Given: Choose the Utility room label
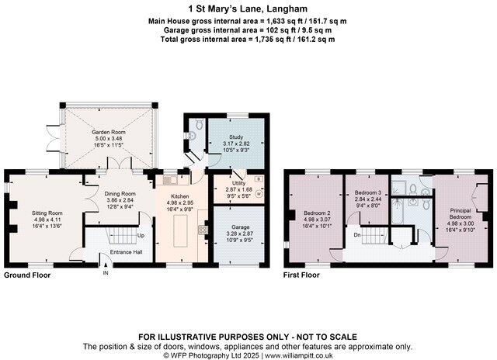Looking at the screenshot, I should (x=238, y=183).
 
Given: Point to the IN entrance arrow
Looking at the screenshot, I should (x=106, y=268).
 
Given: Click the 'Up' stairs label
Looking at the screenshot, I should (x=140, y=235).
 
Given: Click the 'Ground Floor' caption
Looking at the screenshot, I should (x=28, y=275).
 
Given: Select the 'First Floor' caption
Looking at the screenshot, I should (x=301, y=275).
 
